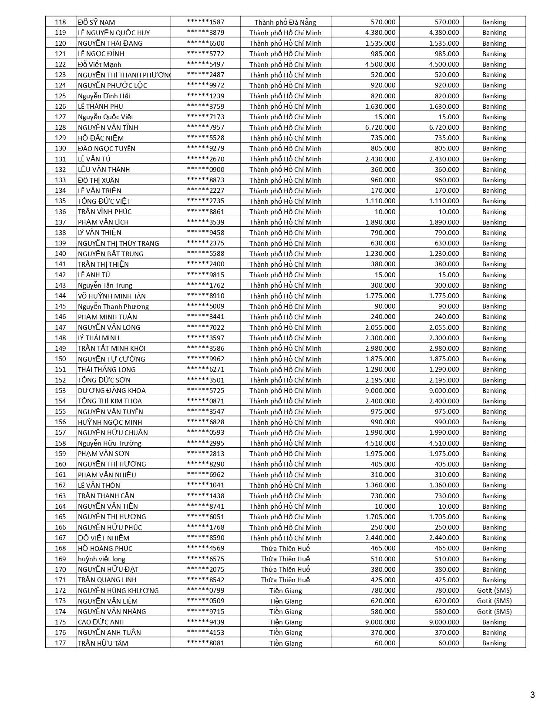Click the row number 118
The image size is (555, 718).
[x=61, y=22]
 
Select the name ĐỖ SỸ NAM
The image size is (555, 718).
[x=96, y=22]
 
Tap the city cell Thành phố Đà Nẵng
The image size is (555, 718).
[x=285, y=22]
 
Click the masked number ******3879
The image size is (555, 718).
[x=205, y=33]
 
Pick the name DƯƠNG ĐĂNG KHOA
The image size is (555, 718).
[x=112, y=391]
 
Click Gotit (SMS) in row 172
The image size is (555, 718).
[x=494, y=591]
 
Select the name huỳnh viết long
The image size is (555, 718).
[x=101, y=559]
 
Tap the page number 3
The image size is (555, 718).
[x=532, y=695]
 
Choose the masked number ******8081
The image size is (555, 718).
[x=205, y=643]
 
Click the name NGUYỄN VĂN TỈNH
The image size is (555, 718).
[x=108, y=127]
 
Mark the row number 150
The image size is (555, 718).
[x=61, y=359]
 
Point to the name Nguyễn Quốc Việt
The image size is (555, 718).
[x=105, y=117]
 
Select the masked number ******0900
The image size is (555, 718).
[x=205, y=170]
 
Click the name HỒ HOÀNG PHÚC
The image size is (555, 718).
[x=105, y=549]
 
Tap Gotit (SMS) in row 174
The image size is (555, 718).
[x=494, y=611]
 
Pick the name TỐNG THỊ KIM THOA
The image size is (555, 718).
[x=110, y=401]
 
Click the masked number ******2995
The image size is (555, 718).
[x=205, y=443]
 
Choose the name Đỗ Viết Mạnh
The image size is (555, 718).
[x=100, y=64]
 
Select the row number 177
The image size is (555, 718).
[x=61, y=643]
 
